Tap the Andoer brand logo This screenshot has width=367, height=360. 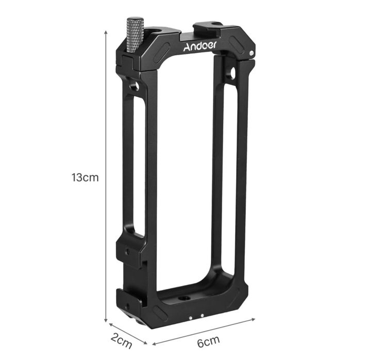[200, 46]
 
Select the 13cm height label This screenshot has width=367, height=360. [85, 178]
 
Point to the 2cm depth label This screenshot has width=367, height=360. [122, 341]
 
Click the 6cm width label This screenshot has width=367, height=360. [209, 341]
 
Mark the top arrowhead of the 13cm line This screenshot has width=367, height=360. [106, 32]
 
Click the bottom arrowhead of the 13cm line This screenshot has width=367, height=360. [106, 320]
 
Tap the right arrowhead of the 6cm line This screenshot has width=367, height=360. [253, 319]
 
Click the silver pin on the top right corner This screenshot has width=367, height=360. [251, 53]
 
